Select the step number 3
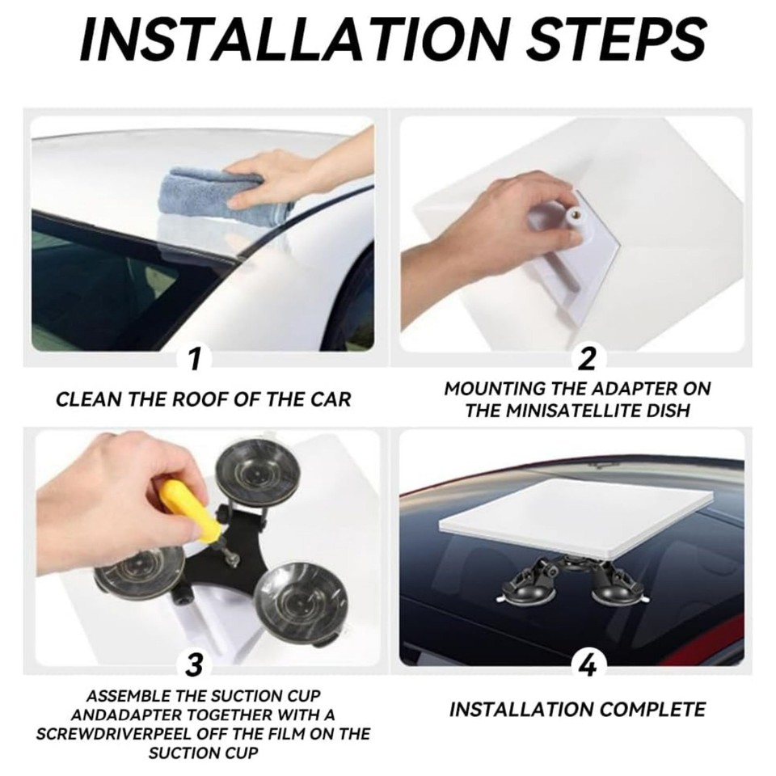pyautogui.click(x=194, y=664)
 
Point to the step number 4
pyautogui.click(x=588, y=664)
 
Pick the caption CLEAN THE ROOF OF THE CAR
pyautogui.click(x=204, y=399)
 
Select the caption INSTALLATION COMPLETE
pyautogui.click(x=577, y=710)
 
